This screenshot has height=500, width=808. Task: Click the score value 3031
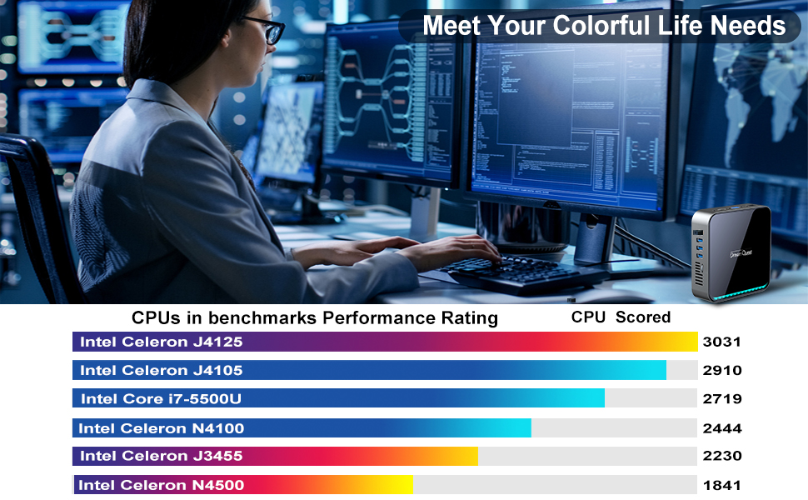coord(721,342)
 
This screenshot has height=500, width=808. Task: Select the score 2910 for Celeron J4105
coord(721,370)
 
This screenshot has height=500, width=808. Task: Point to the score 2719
coord(721,399)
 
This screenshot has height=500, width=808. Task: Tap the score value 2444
coord(721,428)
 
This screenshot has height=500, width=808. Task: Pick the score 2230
coord(721,456)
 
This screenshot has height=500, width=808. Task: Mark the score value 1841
coord(721,485)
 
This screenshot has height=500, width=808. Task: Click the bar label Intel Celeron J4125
coord(162,342)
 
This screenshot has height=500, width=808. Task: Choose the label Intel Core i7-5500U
coord(161,399)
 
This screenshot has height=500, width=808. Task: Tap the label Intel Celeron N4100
coord(161,428)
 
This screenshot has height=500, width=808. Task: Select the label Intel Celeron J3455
coord(162,456)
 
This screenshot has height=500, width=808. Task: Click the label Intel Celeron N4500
coord(161,485)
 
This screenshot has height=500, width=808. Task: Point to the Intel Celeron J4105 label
coord(162,370)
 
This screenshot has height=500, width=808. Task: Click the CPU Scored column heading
coord(621,317)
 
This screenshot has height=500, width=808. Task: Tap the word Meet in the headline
coord(452,26)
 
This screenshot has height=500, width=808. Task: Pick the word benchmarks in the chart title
coord(259,317)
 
